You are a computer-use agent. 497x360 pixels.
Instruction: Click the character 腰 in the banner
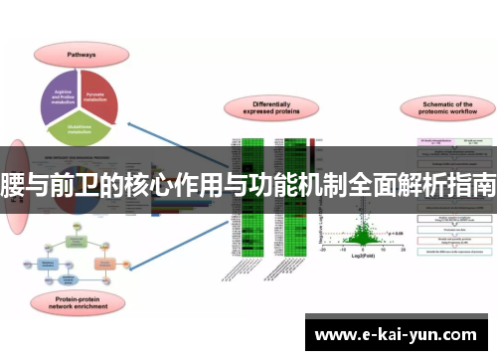[13, 184]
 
